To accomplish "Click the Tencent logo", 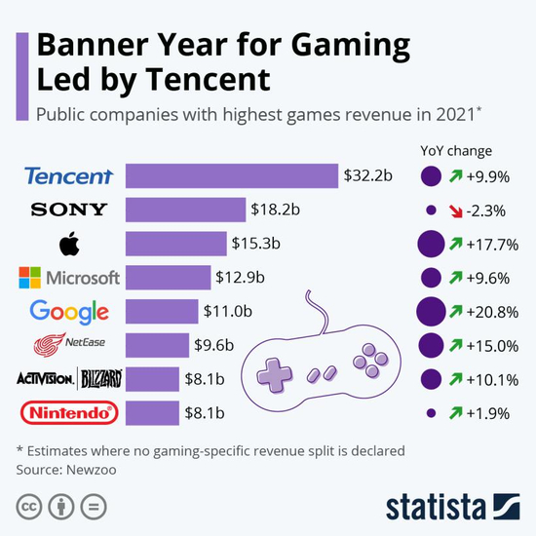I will coord(68,176).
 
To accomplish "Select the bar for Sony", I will coord(186,210).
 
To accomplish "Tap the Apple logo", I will coord(68,244).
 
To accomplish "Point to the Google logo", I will coord(68,312).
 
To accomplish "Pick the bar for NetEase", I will coord(160,345).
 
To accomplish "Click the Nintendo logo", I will coord(68,413).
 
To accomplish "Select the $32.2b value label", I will coord(366,176).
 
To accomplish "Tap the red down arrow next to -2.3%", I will coord(455,211).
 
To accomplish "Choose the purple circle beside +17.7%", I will coord(431,244).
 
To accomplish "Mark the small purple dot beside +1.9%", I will coord(431,413).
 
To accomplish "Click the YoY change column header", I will coord(455,151).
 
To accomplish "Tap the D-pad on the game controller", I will coord(275,370).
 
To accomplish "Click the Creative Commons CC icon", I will coord(30,507).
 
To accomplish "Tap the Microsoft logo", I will coord(68,278).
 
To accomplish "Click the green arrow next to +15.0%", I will coord(455,345).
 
